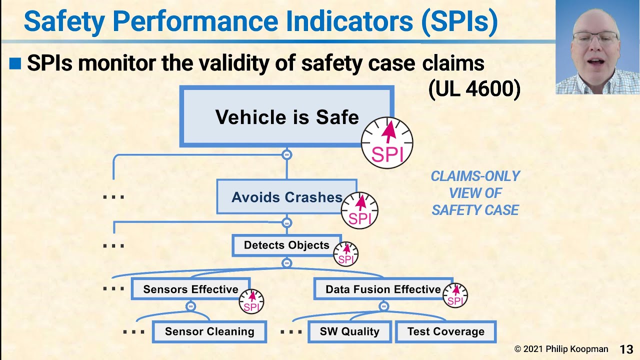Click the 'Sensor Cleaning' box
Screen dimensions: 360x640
coord(209,331)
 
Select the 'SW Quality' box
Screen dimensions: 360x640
coord(349,331)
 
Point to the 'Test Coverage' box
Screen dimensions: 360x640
coord(445,331)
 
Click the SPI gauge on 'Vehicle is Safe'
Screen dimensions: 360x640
coord(387,143)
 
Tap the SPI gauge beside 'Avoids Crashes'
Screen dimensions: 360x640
coord(359,210)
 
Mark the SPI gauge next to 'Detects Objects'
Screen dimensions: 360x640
coord(345,254)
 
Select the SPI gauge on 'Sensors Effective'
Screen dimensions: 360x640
coord(251,301)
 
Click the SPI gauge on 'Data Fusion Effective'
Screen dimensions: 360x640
coord(455,295)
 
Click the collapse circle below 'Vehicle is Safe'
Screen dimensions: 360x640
coord(286,154)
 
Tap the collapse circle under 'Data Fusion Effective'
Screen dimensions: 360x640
coord(383,306)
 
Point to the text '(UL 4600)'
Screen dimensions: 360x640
coord(474,89)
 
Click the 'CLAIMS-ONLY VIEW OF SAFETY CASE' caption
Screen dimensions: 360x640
coord(475,193)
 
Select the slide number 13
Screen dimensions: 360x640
coord(626,349)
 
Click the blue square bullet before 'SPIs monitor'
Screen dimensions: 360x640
coord(15,63)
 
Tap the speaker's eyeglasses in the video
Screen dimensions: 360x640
coord(595,37)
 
